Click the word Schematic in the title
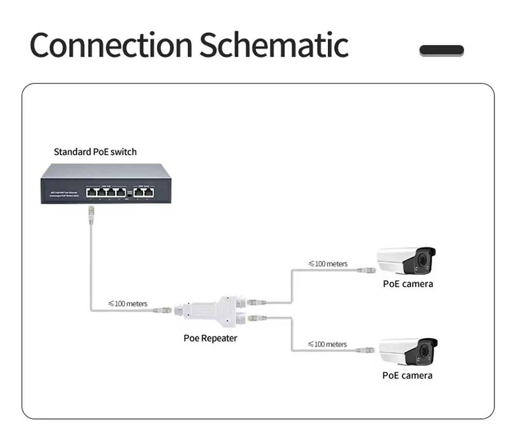tap(273, 45)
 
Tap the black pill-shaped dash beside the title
tap(441, 51)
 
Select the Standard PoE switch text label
tap(95, 152)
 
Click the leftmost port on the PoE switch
tap(92, 192)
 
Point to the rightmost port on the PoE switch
tap(149, 192)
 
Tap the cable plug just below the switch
tap(91, 212)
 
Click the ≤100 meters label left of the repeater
tap(128, 304)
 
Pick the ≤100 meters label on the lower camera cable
tap(327, 344)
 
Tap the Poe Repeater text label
tap(210, 338)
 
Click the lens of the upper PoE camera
tap(425, 261)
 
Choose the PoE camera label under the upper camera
tap(407, 284)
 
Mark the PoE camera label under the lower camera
tap(407, 376)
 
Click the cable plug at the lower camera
tap(364, 350)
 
